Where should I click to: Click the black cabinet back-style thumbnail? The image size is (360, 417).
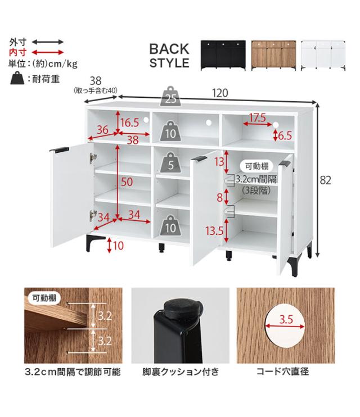[223, 55]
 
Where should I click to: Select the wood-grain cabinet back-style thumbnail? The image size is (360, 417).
[273, 55]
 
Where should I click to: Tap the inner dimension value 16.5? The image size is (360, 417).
[129, 122]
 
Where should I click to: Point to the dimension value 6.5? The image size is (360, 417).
[285, 135]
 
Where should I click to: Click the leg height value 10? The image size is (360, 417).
[118, 245]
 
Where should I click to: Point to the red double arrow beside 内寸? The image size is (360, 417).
[47, 52]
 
